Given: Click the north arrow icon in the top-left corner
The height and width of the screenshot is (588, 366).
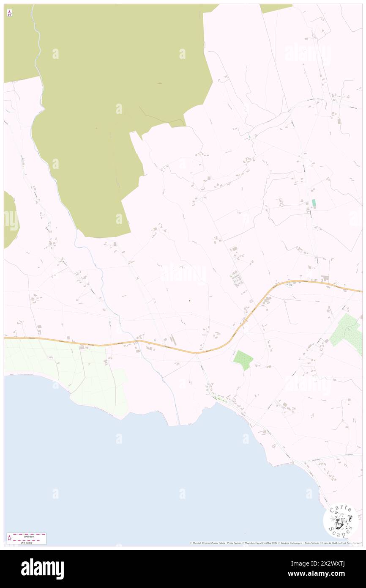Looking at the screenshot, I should [x=9, y=13].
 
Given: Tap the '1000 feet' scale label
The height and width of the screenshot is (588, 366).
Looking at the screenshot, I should [x=29, y=536].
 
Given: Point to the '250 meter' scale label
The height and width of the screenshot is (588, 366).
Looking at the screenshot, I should [x=26, y=542].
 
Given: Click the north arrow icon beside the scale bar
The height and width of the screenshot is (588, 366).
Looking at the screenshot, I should [x=10, y=539].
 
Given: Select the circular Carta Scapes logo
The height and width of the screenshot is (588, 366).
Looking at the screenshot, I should [x=341, y=520].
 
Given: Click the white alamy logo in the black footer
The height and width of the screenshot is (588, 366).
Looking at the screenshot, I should [x=42, y=569].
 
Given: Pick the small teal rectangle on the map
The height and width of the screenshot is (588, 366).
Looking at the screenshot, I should [x=314, y=203].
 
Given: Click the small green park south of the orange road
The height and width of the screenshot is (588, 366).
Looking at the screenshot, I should [x=243, y=360].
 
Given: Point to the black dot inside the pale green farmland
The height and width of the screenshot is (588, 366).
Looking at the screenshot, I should [x=89, y=364].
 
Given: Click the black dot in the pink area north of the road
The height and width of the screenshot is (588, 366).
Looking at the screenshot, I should [x=189, y=301].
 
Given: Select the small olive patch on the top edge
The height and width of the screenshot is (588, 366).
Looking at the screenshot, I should [x=276, y=8].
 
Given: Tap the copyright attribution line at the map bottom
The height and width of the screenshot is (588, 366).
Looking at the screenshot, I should [x=275, y=543].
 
